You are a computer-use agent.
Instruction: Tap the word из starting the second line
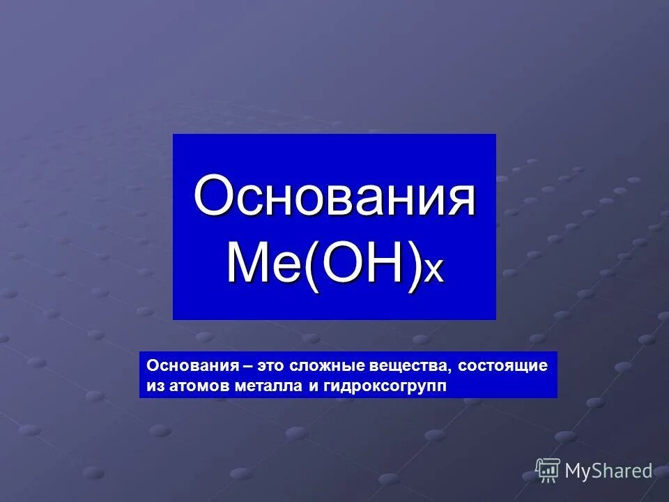click(154, 386)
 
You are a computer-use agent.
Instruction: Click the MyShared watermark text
click(608, 471)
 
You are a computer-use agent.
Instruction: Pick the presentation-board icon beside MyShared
click(548, 471)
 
